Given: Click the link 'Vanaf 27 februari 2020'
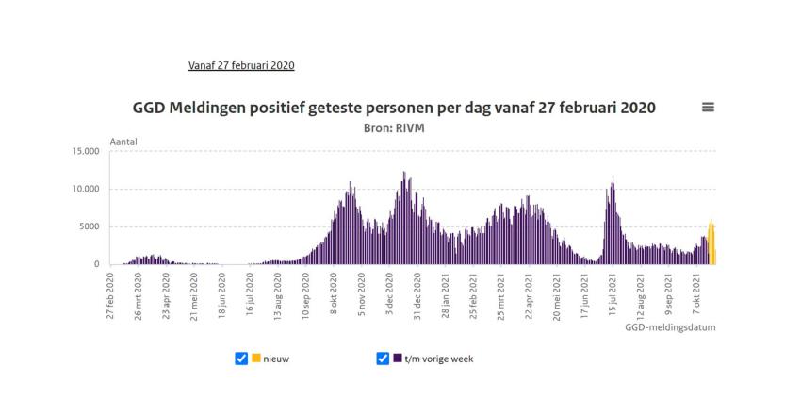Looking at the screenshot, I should (x=242, y=65).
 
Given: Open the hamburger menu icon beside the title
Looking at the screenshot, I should (x=708, y=109).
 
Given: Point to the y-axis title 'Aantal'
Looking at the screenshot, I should (x=124, y=141).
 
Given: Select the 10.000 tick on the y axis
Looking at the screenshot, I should (x=85, y=189).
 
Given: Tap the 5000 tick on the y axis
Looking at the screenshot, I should (x=90, y=226).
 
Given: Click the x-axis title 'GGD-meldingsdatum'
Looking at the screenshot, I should (x=669, y=328).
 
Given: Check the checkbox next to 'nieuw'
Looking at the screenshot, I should (x=240, y=359).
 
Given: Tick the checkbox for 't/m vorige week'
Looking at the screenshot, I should (x=383, y=359).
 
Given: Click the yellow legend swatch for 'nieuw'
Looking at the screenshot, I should (x=255, y=359).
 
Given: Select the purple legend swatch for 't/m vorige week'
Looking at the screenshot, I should (x=398, y=359).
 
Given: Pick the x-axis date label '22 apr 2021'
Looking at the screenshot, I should (x=529, y=294).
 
